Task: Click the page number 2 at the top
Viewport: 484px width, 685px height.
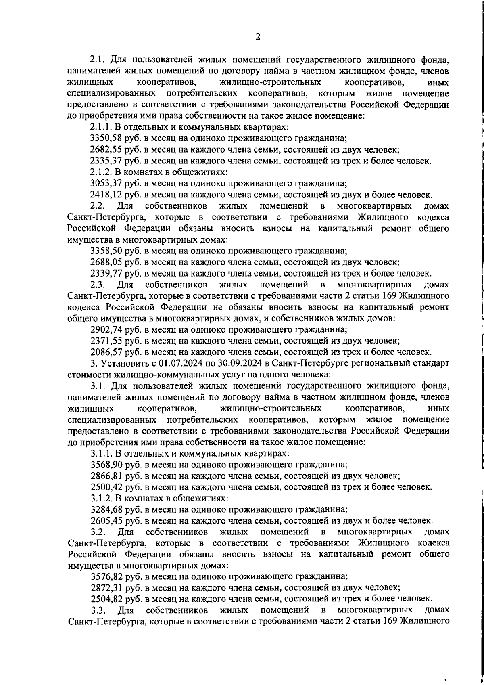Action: click(257, 37)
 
